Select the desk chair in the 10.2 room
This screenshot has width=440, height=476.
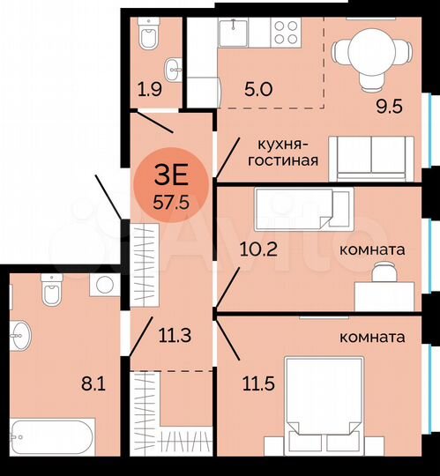383,276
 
